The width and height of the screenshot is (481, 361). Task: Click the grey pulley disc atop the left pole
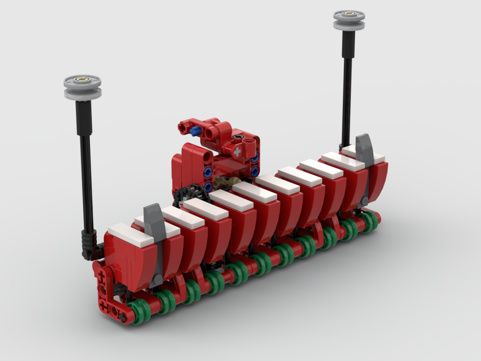click(83, 87)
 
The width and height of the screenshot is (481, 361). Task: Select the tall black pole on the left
click(86, 173)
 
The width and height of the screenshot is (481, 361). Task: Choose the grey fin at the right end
click(365, 149)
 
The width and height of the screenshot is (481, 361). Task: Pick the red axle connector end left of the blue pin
click(183, 127)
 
